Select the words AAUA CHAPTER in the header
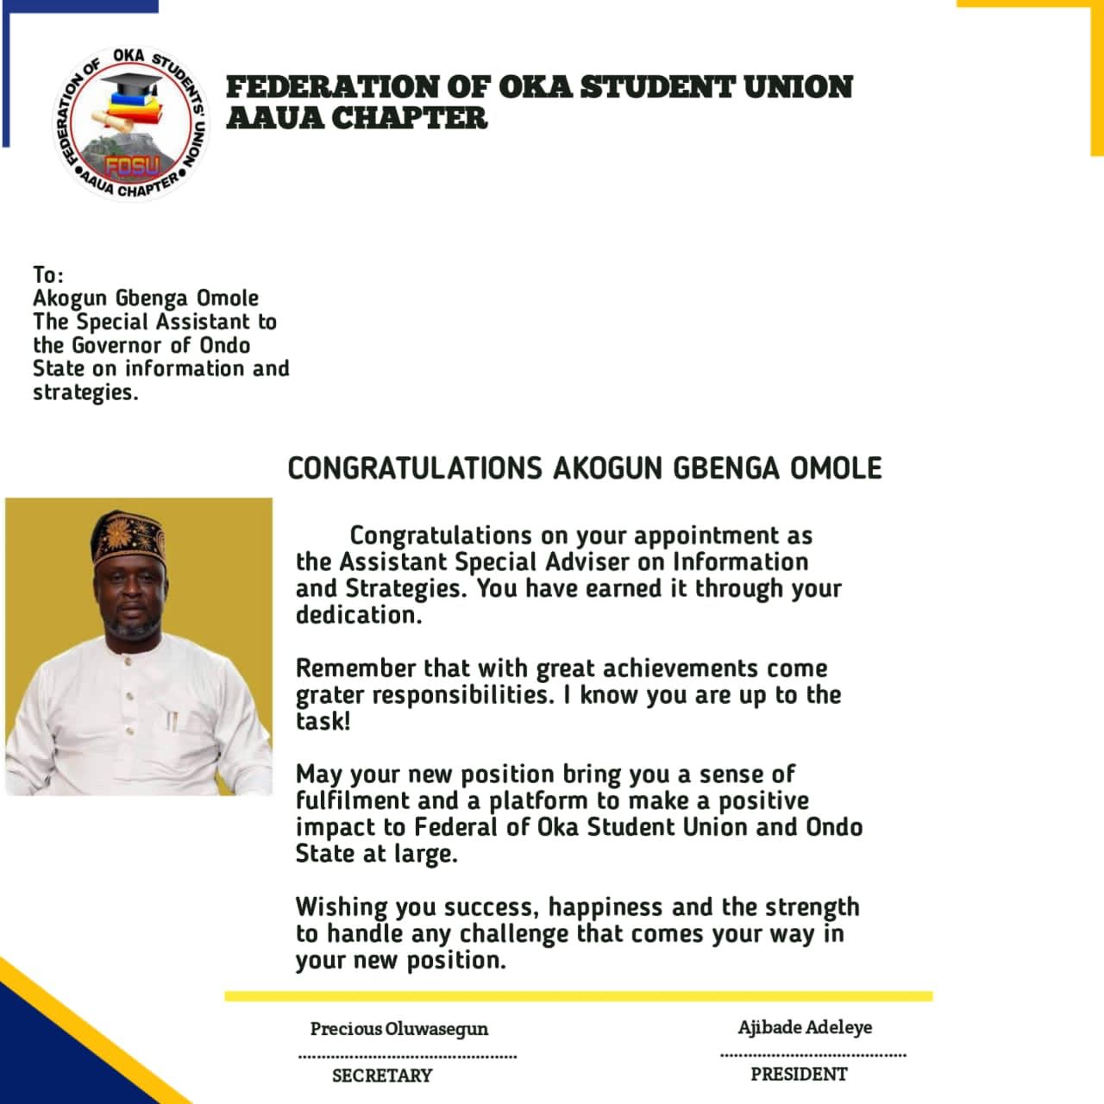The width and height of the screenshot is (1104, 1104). click(356, 117)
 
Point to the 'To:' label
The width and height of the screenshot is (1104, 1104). click(48, 275)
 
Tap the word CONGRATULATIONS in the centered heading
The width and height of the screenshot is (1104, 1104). click(414, 468)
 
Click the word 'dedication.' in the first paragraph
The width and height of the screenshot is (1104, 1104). click(359, 615)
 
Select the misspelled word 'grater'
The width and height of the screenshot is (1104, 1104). click(329, 695)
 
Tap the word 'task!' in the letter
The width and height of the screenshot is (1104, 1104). click(323, 721)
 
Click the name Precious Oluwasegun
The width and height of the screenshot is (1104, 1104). click(398, 1028)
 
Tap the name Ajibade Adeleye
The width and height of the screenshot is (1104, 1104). click(805, 1027)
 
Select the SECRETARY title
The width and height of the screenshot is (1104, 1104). click(382, 1076)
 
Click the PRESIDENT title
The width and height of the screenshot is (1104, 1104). click(799, 1074)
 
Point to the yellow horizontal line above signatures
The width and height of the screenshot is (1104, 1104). click(578, 996)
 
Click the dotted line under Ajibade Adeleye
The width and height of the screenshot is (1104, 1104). click(812, 1054)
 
